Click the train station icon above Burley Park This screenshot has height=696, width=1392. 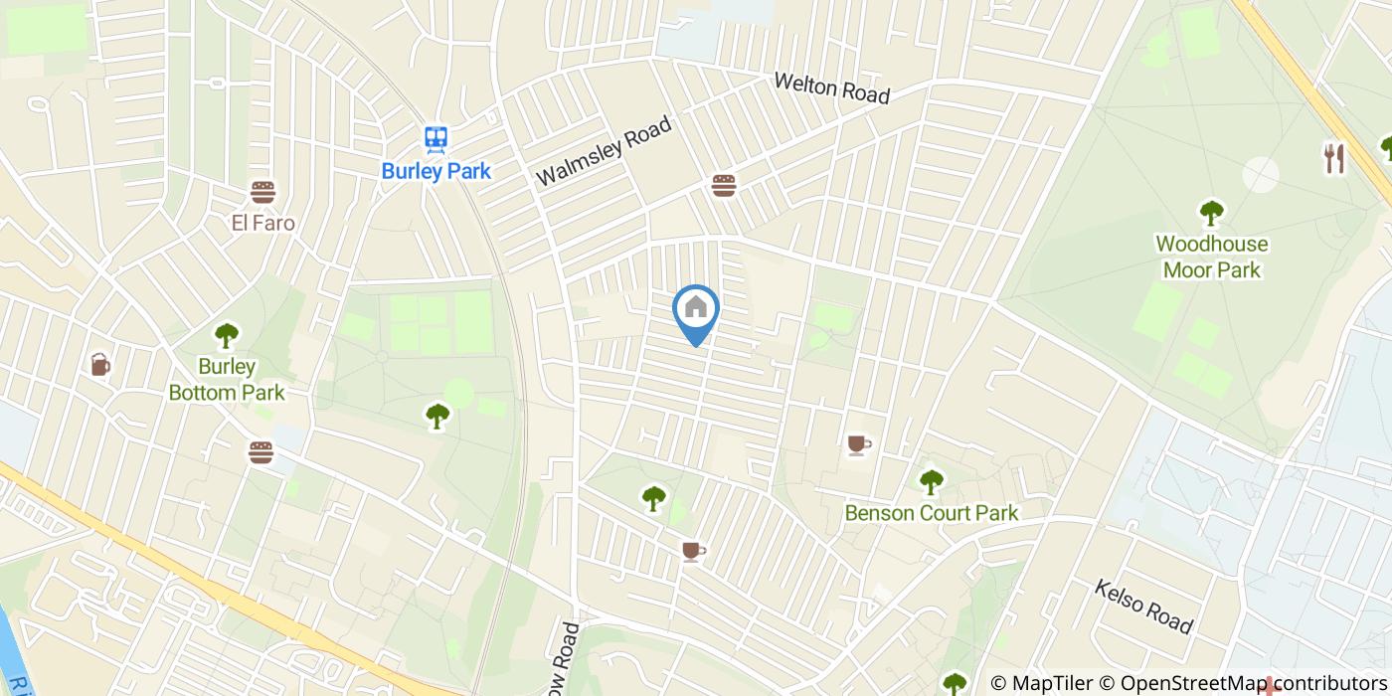(435, 140)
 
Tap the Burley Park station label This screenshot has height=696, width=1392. (435, 171)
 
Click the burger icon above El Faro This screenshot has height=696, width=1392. (262, 192)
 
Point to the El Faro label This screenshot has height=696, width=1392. (262, 223)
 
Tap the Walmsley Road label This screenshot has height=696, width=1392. (604, 151)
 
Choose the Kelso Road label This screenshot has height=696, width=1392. (1142, 607)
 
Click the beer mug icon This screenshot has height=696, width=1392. (99, 365)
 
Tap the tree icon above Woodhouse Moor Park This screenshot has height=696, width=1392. (1211, 213)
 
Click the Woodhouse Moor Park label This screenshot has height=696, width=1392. (1211, 257)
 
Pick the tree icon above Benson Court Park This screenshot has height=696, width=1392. (931, 482)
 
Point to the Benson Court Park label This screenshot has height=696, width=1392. (931, 513)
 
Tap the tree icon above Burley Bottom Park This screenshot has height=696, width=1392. (227, 335)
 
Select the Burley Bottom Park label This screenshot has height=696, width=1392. (227, 380)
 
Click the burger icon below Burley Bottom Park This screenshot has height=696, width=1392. (261, 452)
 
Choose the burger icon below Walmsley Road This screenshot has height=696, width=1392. (723, 185)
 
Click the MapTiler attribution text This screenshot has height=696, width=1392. (1041, 683)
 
